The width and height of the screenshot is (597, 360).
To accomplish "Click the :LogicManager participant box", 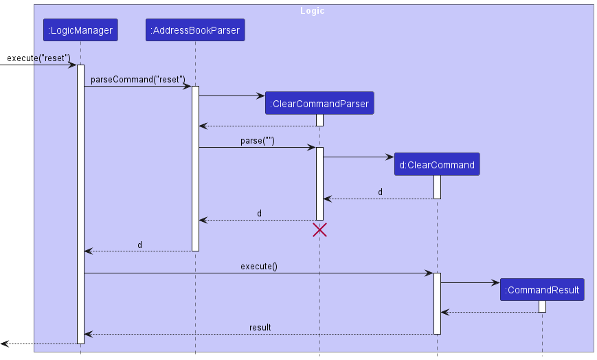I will [x=80, y=30].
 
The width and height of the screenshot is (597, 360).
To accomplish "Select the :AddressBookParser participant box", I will [x=195, y=30].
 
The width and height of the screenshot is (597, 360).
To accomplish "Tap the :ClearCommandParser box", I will [x=319, y=104].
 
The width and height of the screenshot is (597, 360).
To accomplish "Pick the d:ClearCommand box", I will [x=436, y=165].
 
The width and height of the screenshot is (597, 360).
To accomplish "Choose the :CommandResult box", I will [x=542, y=290].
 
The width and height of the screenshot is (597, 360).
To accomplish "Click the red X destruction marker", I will [x=319, y=230].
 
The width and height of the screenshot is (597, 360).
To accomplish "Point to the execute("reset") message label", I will [x=38, y=58].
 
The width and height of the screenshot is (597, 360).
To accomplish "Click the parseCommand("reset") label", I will [x=137, y=79].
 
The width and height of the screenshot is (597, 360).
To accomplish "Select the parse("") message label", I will [x=258, y=140].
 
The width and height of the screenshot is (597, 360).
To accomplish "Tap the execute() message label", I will [x=258, y=266].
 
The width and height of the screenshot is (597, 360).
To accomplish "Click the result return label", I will [x=260, y=327].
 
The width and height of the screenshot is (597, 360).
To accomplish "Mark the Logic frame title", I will [x=312, y=11].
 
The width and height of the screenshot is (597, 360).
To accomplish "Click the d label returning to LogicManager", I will [x=139, y=245].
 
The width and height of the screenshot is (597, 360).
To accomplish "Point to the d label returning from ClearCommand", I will [x=380, y=192].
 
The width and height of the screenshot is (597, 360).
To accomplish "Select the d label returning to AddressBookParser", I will [x=259, y=214].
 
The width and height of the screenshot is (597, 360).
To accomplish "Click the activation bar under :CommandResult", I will [x=542, y=306].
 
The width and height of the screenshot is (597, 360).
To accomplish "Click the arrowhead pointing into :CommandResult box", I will [x=495, y=282].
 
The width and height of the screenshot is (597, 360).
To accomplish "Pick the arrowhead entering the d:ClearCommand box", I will [x=390, y=157].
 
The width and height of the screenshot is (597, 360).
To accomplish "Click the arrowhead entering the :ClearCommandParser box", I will [x=260, y=96].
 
